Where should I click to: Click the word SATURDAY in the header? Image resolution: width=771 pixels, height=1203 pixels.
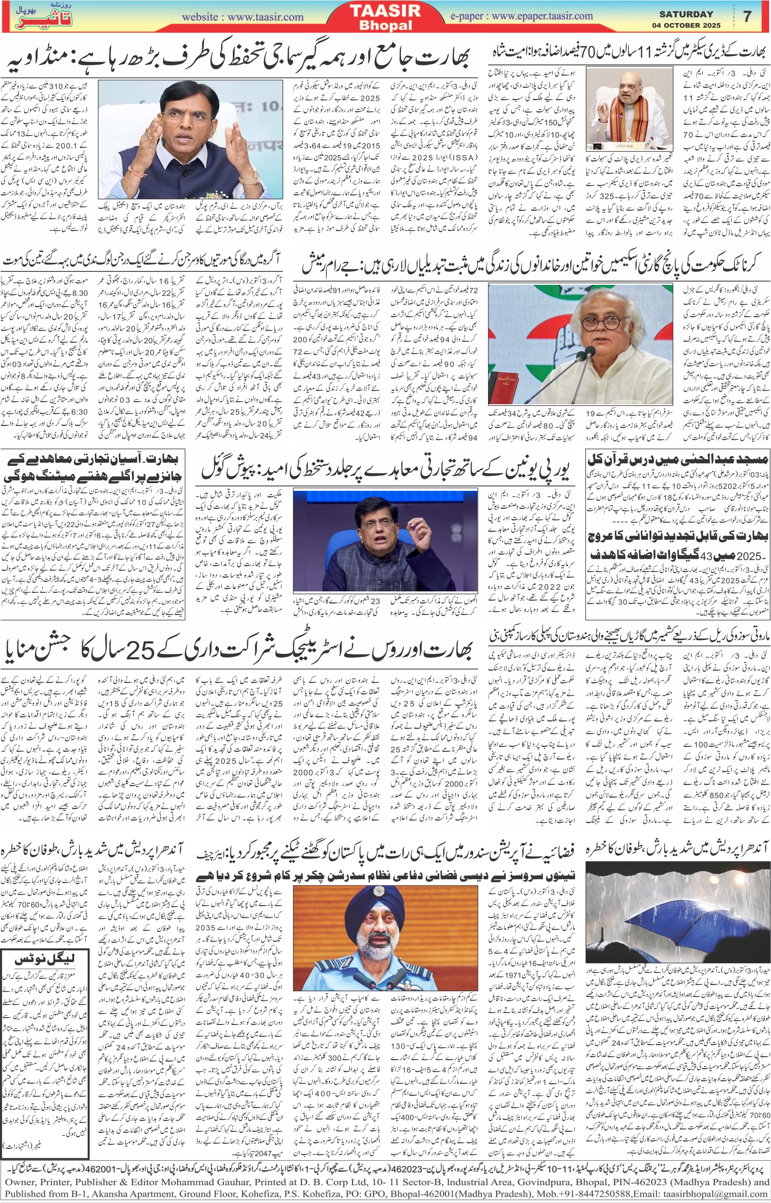686,14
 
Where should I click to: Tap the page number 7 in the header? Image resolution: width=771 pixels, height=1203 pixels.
747,16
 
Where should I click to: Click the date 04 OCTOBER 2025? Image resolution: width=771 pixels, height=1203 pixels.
686,25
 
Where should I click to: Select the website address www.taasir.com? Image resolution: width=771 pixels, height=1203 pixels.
265,17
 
